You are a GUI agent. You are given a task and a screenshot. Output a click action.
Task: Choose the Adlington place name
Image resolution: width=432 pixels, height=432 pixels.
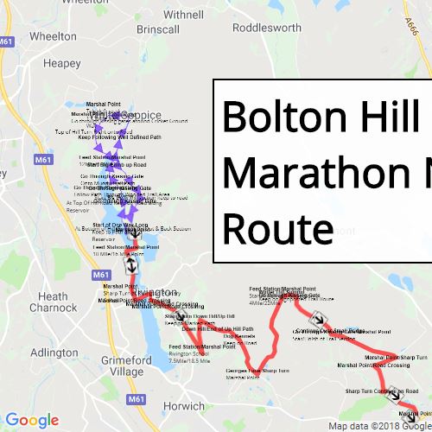click(54, 353)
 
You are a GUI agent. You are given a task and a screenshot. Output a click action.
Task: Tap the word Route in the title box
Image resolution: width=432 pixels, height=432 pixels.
click(277, 229)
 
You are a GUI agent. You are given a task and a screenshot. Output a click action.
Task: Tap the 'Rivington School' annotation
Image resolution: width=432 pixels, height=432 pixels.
click(189, 353)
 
